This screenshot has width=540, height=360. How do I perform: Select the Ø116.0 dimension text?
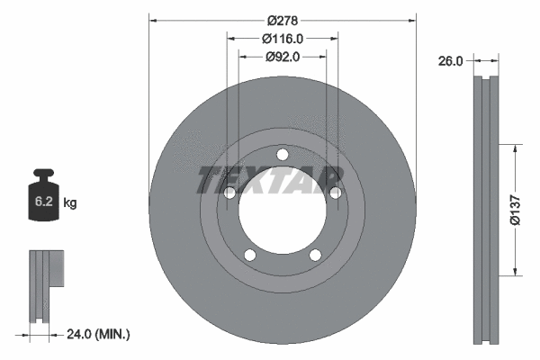tap(282, 38)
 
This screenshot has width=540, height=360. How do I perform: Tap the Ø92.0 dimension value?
tap(282, 56)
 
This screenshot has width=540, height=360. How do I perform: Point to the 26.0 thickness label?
tap(450, 61)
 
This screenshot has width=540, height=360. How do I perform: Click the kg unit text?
tap(70, 204)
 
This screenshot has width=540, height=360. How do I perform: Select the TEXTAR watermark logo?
tap(269, 179)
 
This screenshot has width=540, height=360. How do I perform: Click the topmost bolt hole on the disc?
tap(282, 154)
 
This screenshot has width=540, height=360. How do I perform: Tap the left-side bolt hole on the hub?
tap(229, 193)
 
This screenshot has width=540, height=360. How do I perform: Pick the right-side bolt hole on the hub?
tap(335, 193)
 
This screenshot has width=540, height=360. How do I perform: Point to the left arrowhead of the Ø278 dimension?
tap(153, 18)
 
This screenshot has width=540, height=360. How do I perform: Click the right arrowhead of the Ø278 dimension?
tap(412, 18)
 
